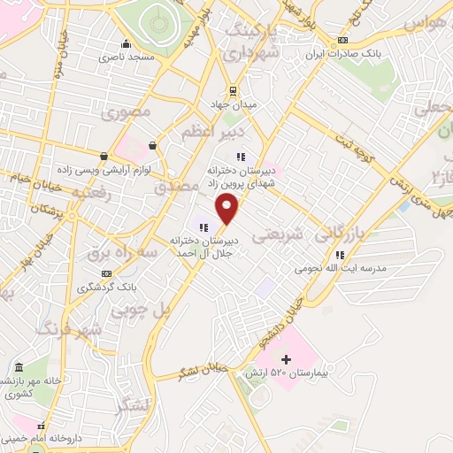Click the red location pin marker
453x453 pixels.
228,209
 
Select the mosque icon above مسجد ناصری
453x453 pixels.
126,44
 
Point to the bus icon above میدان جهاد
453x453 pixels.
233,90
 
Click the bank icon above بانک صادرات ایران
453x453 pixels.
343,40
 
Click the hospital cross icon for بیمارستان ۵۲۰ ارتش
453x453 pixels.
285,359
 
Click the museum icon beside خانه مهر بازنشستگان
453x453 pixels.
19,366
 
